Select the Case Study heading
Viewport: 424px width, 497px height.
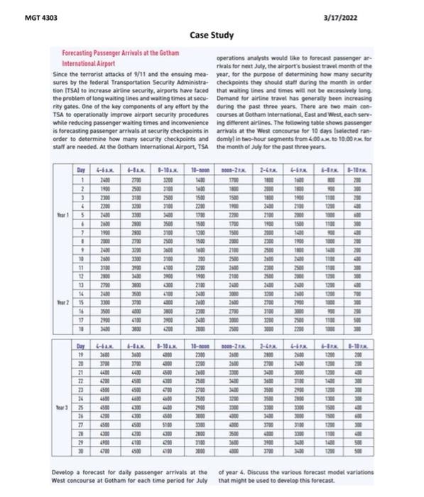click(211, 35)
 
